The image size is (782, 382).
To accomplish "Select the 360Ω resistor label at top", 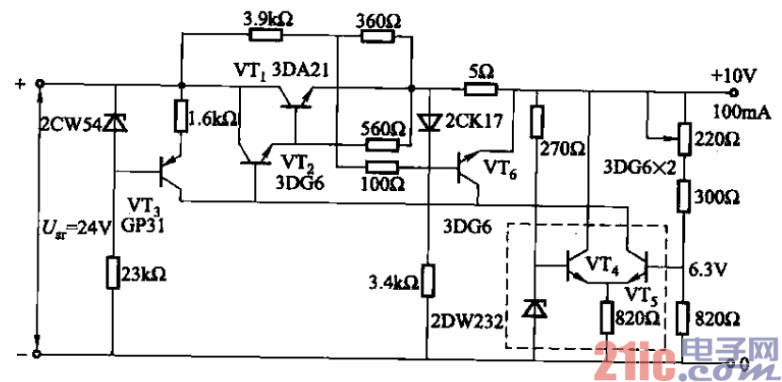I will pyautogui.click(x=380, y=17).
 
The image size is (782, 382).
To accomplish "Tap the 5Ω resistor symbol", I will pyautogui.click(x=481, y=89).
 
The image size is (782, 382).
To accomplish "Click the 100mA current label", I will pyautogui.click(x=737, y=112).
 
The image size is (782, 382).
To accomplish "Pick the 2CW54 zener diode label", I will pyautogui.click(x=71, y=123).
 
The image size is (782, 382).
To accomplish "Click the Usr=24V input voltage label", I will pyautogui.click(x=65, y=226).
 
